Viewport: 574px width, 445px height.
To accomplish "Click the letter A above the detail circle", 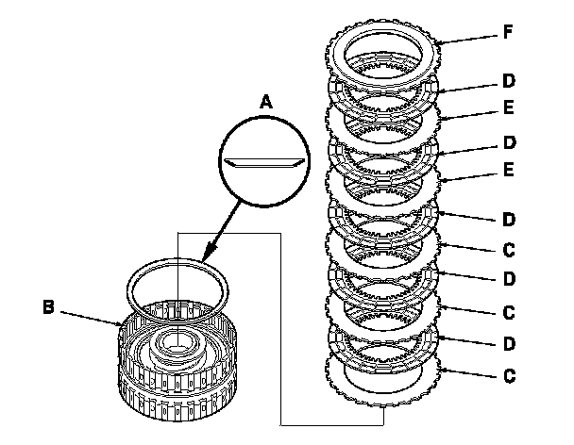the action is click(266, 101).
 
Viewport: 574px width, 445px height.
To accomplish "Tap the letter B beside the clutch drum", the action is click(48, 306).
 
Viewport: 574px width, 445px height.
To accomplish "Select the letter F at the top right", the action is click(508, 32).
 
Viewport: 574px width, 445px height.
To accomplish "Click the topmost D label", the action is click(509, 81).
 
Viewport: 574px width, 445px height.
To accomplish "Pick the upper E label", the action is click(509, 107).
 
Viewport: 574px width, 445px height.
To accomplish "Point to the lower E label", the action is click(509, 170).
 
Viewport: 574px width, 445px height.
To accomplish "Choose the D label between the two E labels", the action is click(509, 142).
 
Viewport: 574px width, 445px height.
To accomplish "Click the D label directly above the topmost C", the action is click(509, 220).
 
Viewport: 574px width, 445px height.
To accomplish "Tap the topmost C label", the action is click(509, 251).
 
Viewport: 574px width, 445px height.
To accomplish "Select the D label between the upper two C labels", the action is click(509, 279).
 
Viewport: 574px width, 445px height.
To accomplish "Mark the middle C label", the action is click(509, 313).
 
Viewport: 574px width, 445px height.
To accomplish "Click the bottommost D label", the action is click(509, 344).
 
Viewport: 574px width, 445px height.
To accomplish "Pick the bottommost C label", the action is click(509, 376).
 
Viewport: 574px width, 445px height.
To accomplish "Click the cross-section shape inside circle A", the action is click(264, 163).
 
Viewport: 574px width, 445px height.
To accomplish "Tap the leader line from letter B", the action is click(92, 318).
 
